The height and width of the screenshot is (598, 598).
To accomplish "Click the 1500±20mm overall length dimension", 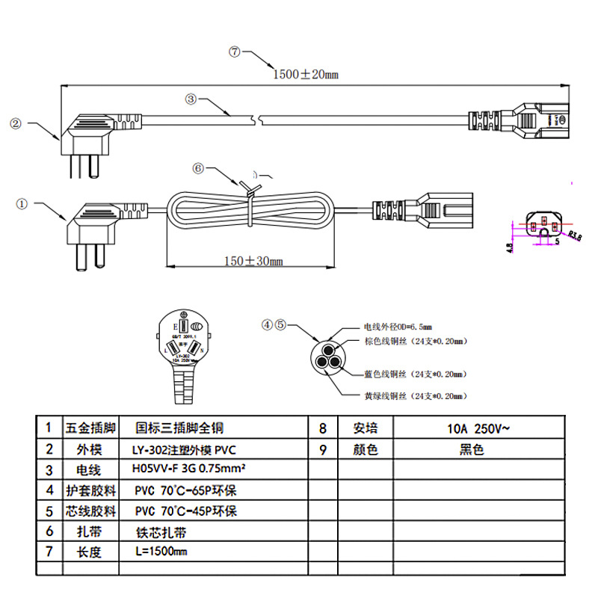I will (x=305, y=74).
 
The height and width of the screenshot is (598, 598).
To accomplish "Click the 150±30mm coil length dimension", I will (x=253, y=261).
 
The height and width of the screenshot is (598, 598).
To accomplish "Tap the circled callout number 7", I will (x=234, y=52).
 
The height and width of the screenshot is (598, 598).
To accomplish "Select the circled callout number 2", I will (x=16, y=123).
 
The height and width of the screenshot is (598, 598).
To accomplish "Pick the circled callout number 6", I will (x=198, y=168).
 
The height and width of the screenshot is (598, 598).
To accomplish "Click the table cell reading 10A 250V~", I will (x=475, y=428).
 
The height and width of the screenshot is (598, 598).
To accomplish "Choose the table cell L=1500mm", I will (x=161, y=553).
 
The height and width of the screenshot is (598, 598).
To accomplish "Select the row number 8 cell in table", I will (x=323, y=428).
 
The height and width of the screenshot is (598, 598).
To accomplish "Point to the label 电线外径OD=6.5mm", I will (x=398, y=327).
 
